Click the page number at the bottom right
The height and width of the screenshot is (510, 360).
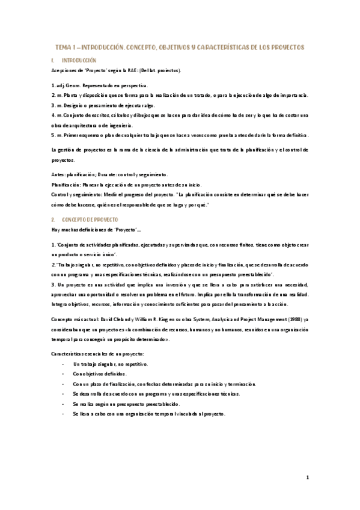point(307,478)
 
